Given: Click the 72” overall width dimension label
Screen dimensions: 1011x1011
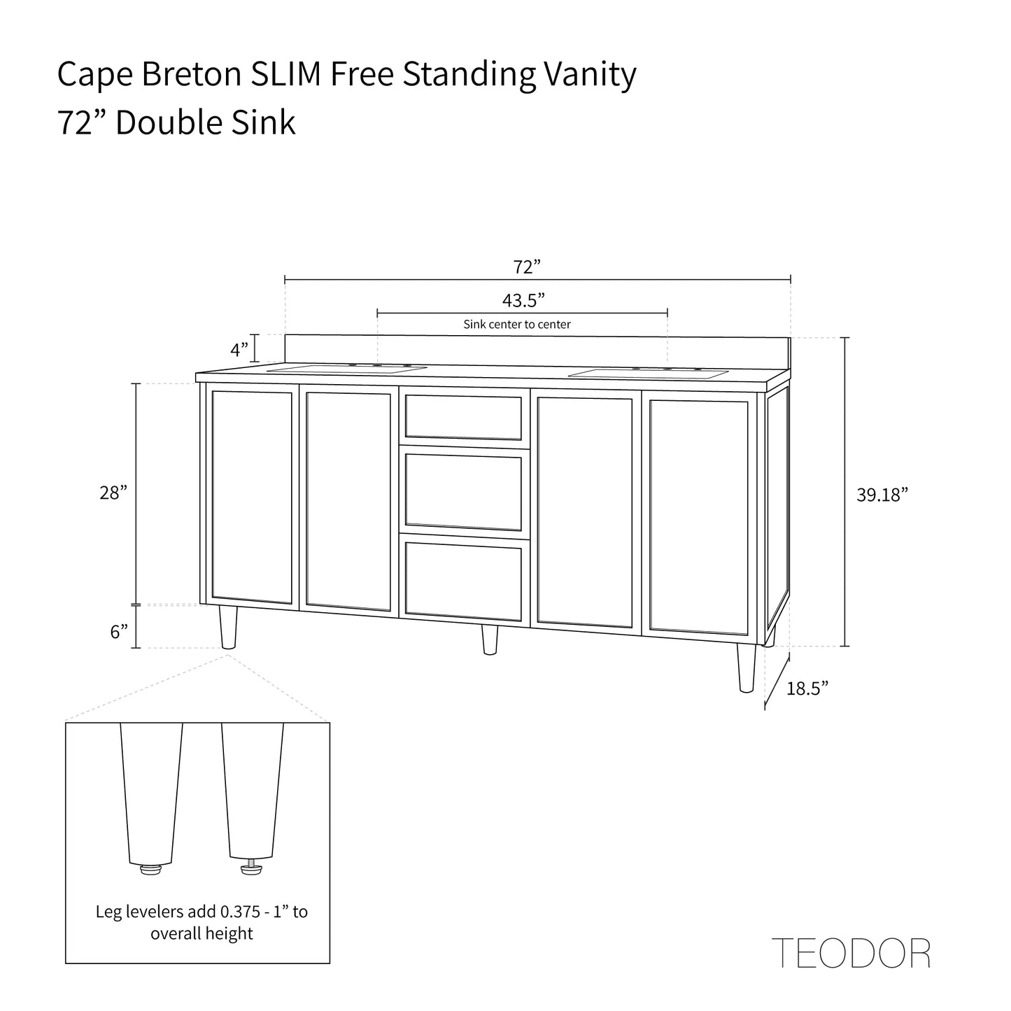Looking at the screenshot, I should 528,267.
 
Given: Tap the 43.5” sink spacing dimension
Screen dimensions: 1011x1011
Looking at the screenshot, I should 523,300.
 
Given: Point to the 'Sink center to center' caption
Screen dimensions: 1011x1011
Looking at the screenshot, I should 517,325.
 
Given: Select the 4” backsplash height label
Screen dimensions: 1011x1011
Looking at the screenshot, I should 239,348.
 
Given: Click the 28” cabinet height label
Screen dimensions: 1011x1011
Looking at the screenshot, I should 113,493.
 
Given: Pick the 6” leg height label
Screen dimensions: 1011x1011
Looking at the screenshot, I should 119,632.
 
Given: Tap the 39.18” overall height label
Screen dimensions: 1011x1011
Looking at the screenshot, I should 882,495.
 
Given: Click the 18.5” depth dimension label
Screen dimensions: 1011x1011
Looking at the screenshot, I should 807,688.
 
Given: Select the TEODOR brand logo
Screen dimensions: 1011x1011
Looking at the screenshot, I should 851,952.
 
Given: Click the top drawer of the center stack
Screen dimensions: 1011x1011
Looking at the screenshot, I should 463,417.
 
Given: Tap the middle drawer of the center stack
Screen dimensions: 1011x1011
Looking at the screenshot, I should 463,492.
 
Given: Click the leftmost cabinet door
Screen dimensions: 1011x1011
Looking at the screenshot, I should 252,497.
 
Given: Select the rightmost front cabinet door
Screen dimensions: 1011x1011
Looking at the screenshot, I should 698,514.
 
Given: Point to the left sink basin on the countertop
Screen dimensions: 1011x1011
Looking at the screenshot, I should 347,369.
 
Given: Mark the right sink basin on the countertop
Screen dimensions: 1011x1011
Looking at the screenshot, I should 648,374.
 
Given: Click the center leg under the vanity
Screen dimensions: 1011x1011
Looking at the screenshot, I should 490,639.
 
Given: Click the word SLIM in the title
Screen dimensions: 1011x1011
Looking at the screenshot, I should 288,75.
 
